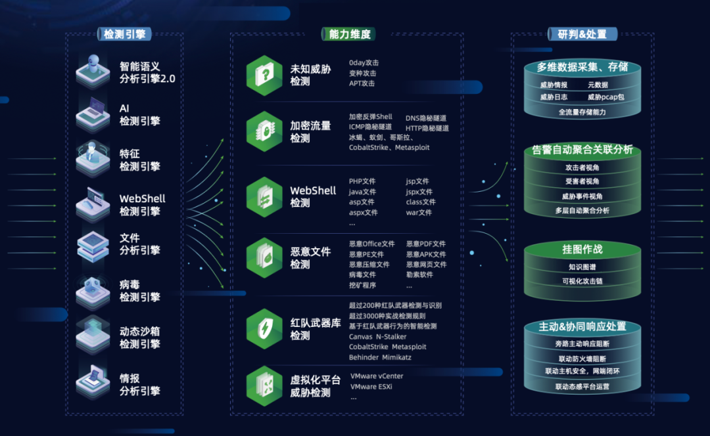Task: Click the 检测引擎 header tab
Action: [x=124, y=34]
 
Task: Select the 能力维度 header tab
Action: [x=346, y=34]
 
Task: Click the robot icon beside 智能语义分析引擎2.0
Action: [x=92, y=71]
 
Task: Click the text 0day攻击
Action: [x=364, y=63]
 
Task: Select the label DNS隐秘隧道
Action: [x=427, y=118]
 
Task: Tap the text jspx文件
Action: [x=419, y=192]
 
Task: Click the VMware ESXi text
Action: [x=372, y=387]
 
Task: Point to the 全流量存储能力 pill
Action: [x=582, y=112]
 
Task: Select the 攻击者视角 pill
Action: [x=582, y=167]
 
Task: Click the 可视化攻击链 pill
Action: [x=582, y=281]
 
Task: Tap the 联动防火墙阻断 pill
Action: [x=582, y=359]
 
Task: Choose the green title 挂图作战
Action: [x=582, y=250]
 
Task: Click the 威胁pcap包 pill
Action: [x=605, y=97]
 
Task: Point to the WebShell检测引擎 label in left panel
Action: [x=142, y=205]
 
